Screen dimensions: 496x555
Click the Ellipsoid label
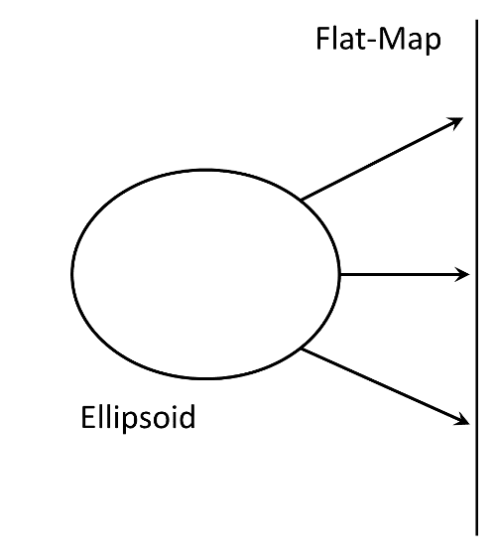click(x=138, y=418)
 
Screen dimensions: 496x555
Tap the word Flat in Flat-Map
click(x=341, y=39)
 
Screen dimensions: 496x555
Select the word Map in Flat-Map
click(x=410, y=41)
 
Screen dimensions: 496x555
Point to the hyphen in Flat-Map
click(x=372, y=42)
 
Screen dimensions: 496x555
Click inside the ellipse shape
click(x=205, y=274)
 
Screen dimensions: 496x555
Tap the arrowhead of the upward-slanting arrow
click(x=455, y=122)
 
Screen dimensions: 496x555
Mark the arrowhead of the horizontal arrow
click(x=461, y=274)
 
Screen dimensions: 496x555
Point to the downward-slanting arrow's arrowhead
click(x=461, y=420)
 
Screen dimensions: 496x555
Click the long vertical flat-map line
click(x=476, y=278)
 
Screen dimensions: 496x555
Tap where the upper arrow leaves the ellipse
click(x=302, y=201)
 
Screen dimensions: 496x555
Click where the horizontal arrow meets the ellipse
click(x=339, y=274)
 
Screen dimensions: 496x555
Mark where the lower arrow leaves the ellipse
click(x=302, y=349)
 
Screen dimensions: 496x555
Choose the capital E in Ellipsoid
click(x=87, y=418)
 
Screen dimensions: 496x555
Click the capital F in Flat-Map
click(x=322, y=39)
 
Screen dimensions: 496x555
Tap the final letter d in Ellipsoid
click(x=187, y=417)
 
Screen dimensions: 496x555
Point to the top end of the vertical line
click(x=476, y=20)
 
